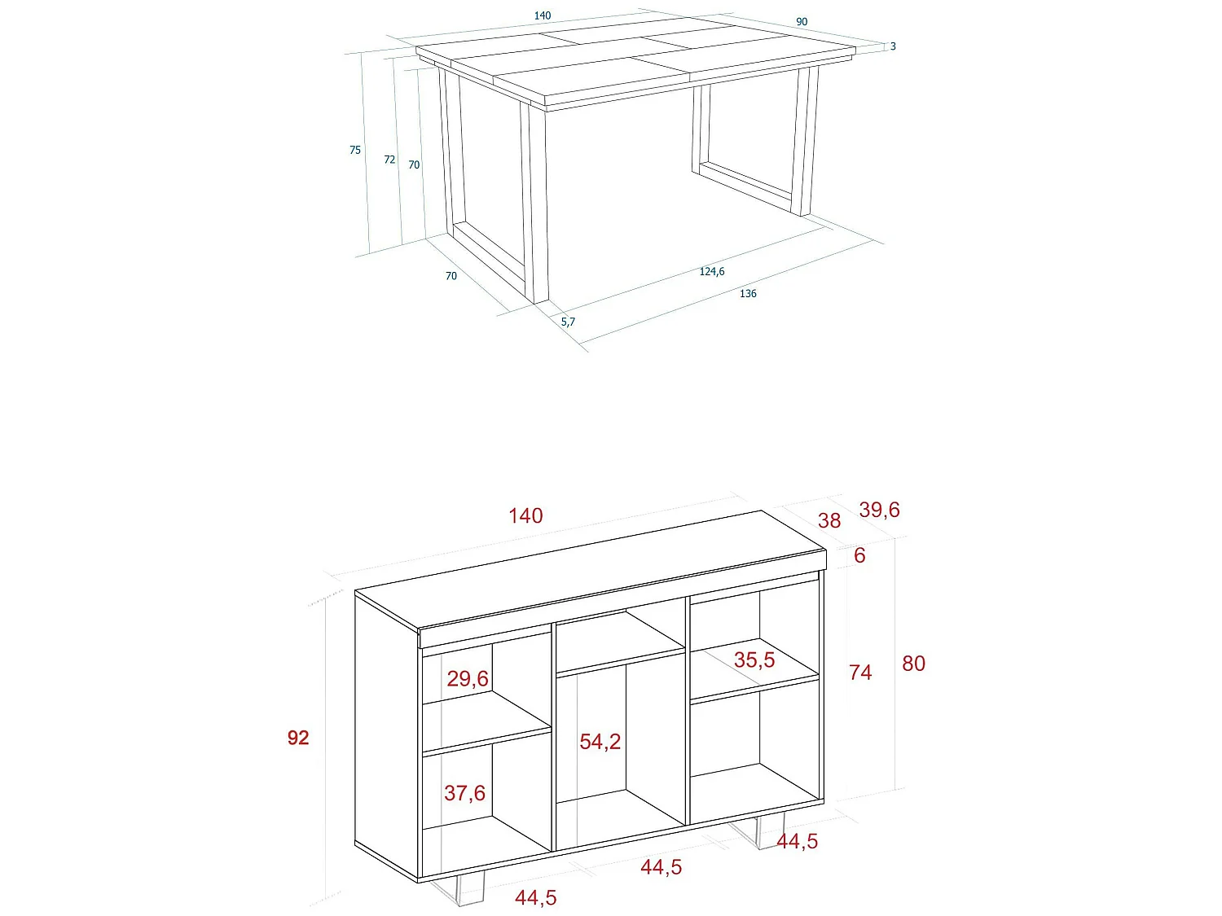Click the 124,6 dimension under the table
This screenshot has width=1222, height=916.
click(x=711, y=271)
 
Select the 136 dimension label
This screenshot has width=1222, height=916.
click(x=748, y=294)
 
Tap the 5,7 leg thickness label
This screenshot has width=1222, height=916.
click(x=568, y=322)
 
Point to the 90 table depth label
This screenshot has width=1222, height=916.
click(x=802, y=22)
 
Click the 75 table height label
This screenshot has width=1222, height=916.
click(x=355, y=150)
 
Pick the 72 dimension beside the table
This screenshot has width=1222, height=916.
click(x=389, y=160)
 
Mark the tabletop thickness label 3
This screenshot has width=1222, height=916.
click(x=893, y=46)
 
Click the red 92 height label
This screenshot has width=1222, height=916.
click(x=298, y=738)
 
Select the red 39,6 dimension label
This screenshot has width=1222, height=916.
click(x=879, y=510)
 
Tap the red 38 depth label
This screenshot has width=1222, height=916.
click(x=829, y=520)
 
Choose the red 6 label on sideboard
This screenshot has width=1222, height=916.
click(x=859, y=555)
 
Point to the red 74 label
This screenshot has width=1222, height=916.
click(x=860, y=673)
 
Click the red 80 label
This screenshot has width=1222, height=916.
click(x=913, y=664)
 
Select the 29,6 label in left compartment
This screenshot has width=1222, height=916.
click(x=468, y=678)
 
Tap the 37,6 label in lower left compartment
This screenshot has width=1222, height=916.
click(x=464, y=793)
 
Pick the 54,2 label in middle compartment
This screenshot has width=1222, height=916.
click(x=600, y=742)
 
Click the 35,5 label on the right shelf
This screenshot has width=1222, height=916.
click(x=754, y=660)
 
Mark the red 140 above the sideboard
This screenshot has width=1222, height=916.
click(x=525, y=515)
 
